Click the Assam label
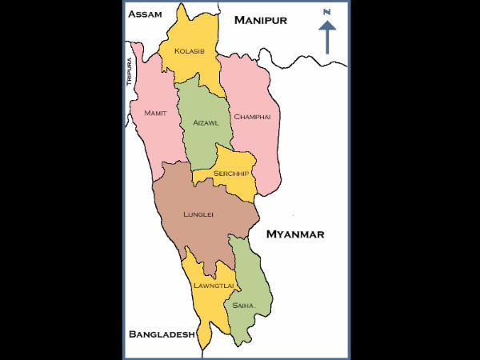coord(145,14)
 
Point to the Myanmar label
coord(295,234)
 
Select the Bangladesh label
coord(162,334)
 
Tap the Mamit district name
coord(155,114)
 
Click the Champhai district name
coord(252,117)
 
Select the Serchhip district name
coord(230,174)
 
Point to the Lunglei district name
coord(198,215)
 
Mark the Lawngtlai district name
coord(213,285)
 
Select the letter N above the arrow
coord(326,12)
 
